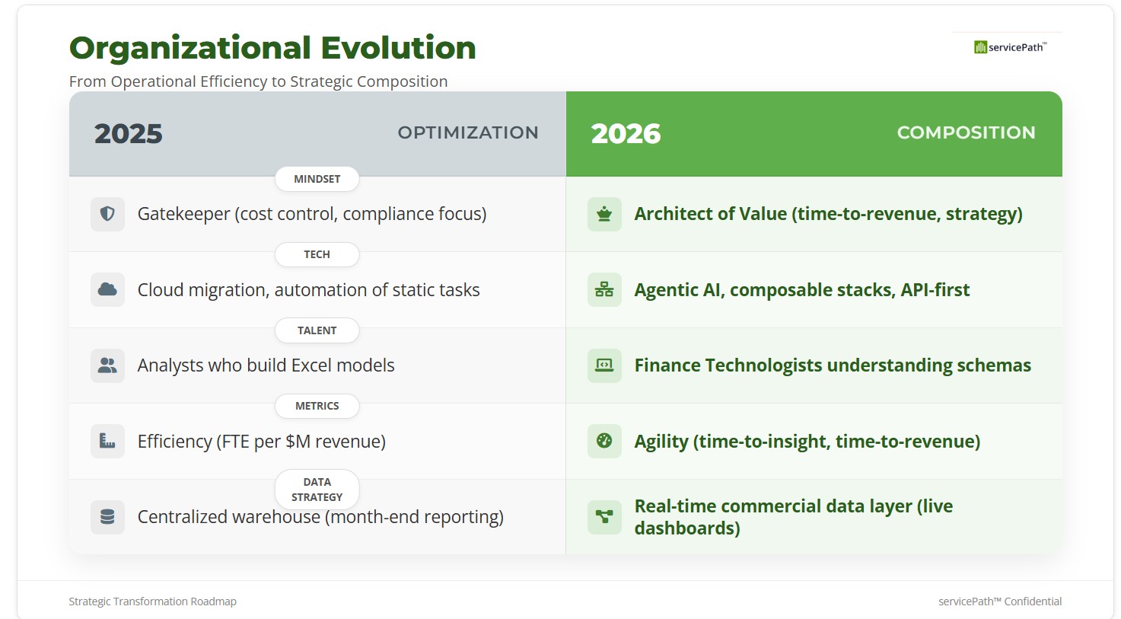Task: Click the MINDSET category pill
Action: click(317, 179)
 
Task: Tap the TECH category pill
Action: click(317, 254)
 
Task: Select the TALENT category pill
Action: click(317, 330)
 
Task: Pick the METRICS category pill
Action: click(317, 406)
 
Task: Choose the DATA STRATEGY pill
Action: click(317, 490)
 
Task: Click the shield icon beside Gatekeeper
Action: click(107, 214)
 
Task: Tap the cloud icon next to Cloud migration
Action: click(107, 289)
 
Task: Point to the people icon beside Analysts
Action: click(107, 365)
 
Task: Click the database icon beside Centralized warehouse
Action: click(107, 517)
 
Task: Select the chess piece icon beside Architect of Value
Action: click(604, 214)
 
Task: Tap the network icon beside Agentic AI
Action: click(604, 289)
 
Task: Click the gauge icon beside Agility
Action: click(604, 441)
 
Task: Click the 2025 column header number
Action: click(128, 134)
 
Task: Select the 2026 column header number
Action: click(626, 134)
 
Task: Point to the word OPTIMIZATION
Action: click(468, 132)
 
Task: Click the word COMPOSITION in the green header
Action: click(966, 132)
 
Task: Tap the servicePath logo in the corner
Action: click(1011, 47)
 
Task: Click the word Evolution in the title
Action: click(398, 48)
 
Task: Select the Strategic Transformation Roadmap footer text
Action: click(153, 601)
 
